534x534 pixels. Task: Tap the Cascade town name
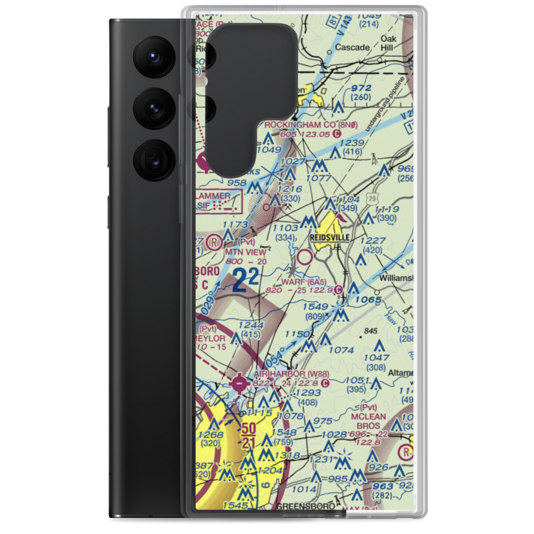coord(352,48)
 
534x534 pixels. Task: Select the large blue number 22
coord(247,280)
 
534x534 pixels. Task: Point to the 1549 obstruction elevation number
coord(315,307)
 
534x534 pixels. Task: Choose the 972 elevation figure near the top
coord(361,88)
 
